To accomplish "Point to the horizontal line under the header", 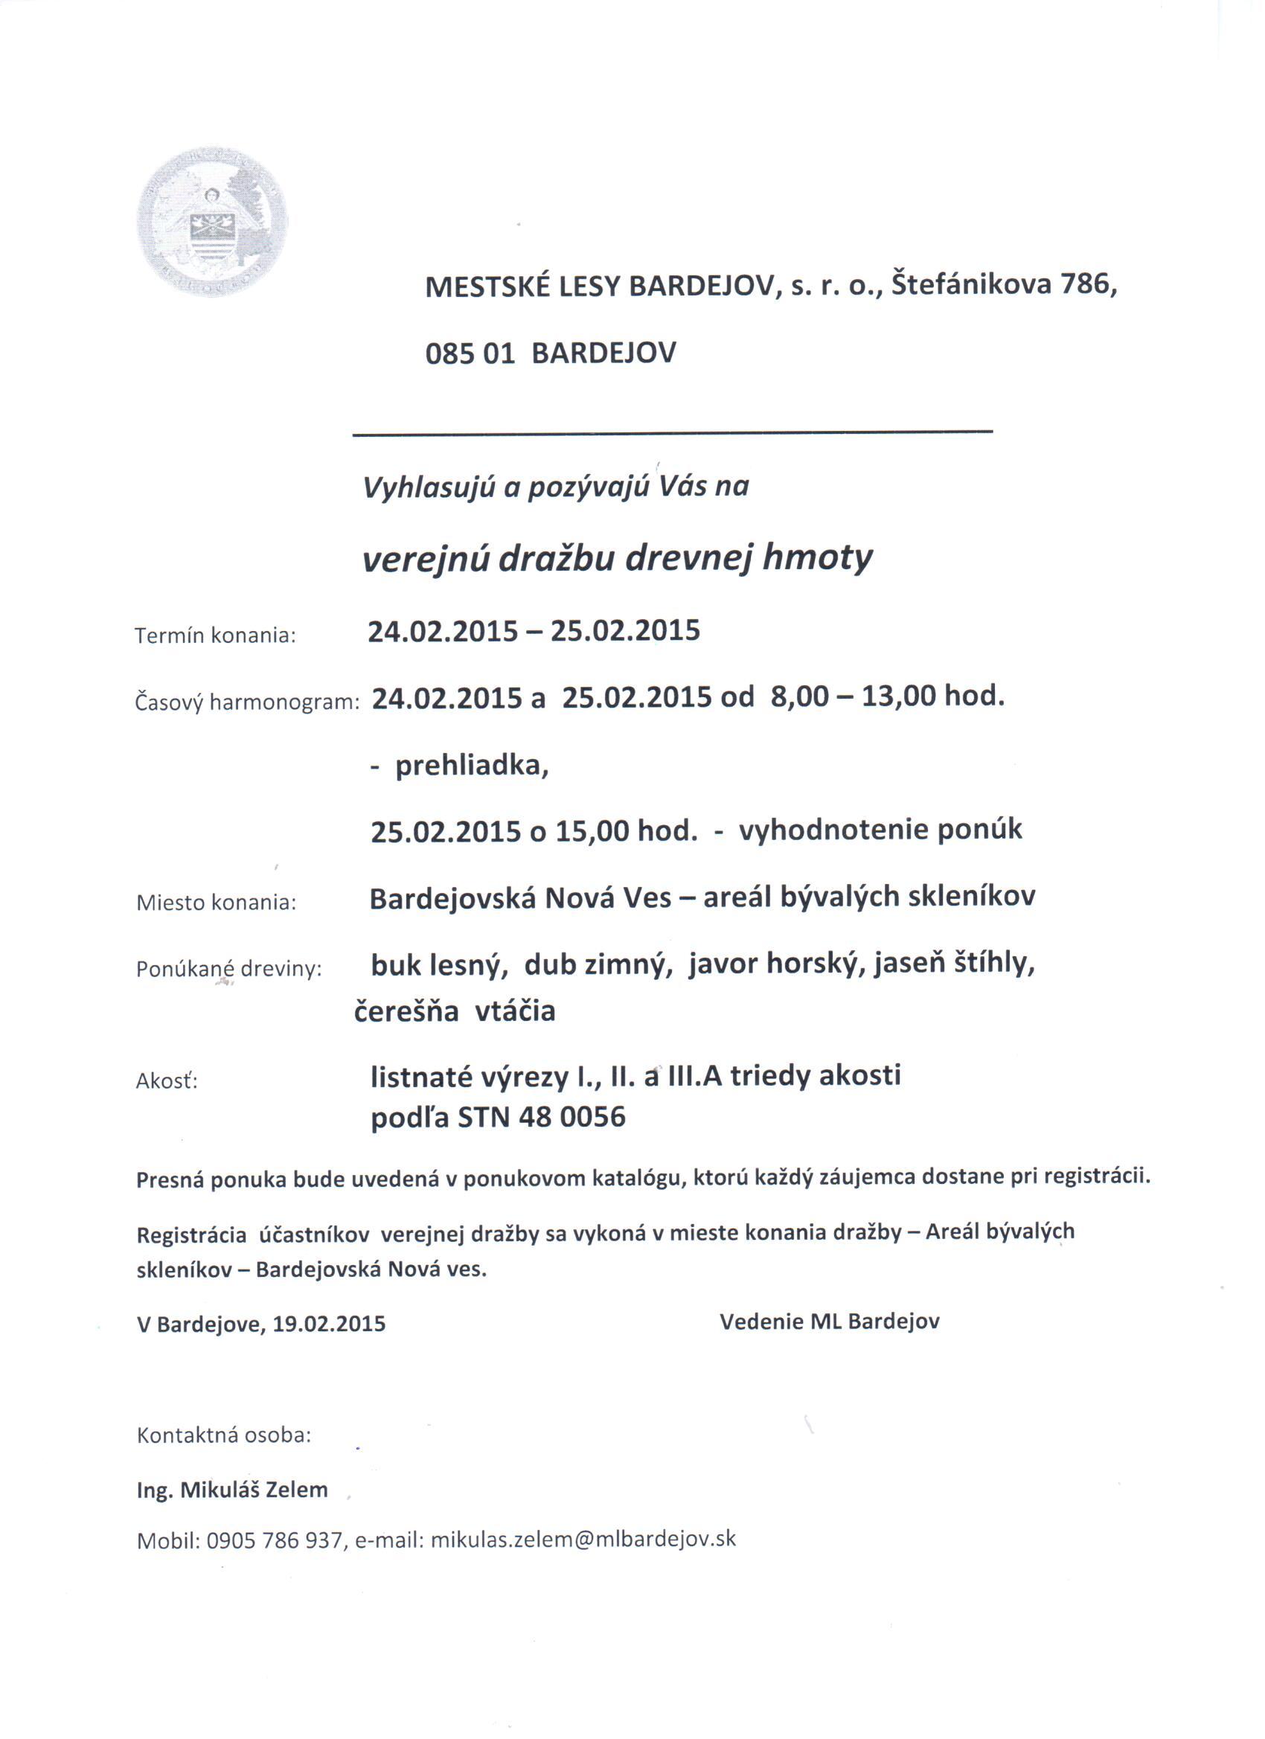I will [673, 434].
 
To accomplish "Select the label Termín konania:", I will [216, 635].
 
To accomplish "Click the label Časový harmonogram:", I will [247, 702].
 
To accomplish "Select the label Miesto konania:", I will [217, 903].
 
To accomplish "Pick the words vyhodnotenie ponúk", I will [880, 830].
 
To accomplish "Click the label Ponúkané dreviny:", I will [228, 969].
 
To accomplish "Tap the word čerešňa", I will [406, 1011].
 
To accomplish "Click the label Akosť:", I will [167, 1081].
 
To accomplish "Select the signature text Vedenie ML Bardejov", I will [830, 1321].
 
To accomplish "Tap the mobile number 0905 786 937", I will [274, 1540].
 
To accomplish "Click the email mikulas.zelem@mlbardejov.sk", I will [583, 1539].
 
